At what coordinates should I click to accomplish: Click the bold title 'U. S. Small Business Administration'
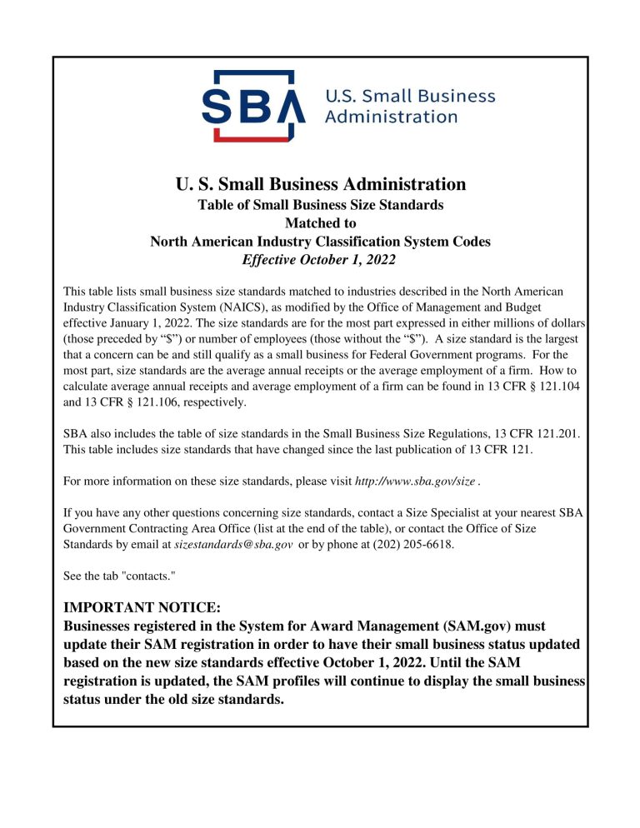[320, 183]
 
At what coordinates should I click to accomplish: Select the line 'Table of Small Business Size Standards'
[320, 204]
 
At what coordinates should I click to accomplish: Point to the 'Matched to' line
[320, 222]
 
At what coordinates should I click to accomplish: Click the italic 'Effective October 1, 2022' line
[320, 260]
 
